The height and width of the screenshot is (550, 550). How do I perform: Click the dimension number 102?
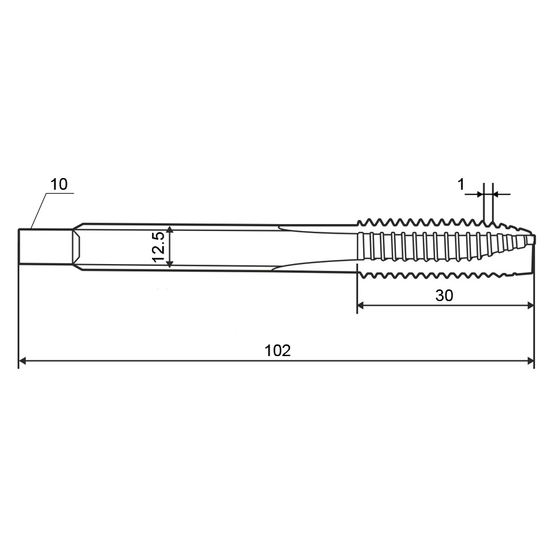[x=278, y=351]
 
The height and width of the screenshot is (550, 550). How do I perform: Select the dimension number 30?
[x=444, y=296]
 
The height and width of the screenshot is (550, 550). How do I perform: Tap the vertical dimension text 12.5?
[x=159, y=247]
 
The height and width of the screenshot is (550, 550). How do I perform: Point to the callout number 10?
[x=59, y=184]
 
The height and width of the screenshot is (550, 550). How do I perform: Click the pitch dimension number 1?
[x=461, y=184]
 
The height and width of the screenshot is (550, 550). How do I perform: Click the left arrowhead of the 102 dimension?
[x=23, y=360]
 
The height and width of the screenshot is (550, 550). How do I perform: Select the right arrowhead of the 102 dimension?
[x=530, y=360]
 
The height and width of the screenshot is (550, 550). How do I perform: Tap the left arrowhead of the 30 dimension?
[x=361, y=306]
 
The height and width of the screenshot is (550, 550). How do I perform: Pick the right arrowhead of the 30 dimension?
[x=530, y=306]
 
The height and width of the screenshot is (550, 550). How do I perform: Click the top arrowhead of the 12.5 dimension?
[x=169, y=230]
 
